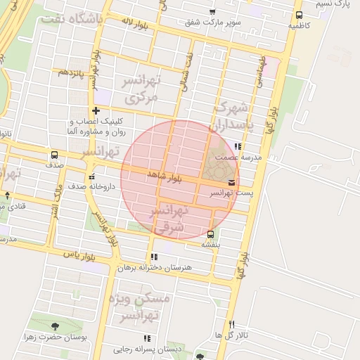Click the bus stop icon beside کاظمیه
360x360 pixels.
coord(299,15)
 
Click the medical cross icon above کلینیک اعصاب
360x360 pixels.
coord(96,110)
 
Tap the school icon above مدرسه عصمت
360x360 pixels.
coord(238,147)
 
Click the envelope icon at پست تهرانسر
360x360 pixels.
coord(232,184)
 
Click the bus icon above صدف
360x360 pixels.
coord(54,155)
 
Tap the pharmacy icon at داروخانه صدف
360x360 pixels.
coord(91,176)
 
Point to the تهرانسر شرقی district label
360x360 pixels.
coord(169,219)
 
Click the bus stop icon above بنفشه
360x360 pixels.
coord(211,234)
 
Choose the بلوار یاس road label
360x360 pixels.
coord(79,255)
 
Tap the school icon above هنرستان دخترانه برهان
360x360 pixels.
coord(154,257)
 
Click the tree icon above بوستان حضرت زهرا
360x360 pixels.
coord(55,326)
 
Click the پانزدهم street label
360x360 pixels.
coord(72,72)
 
